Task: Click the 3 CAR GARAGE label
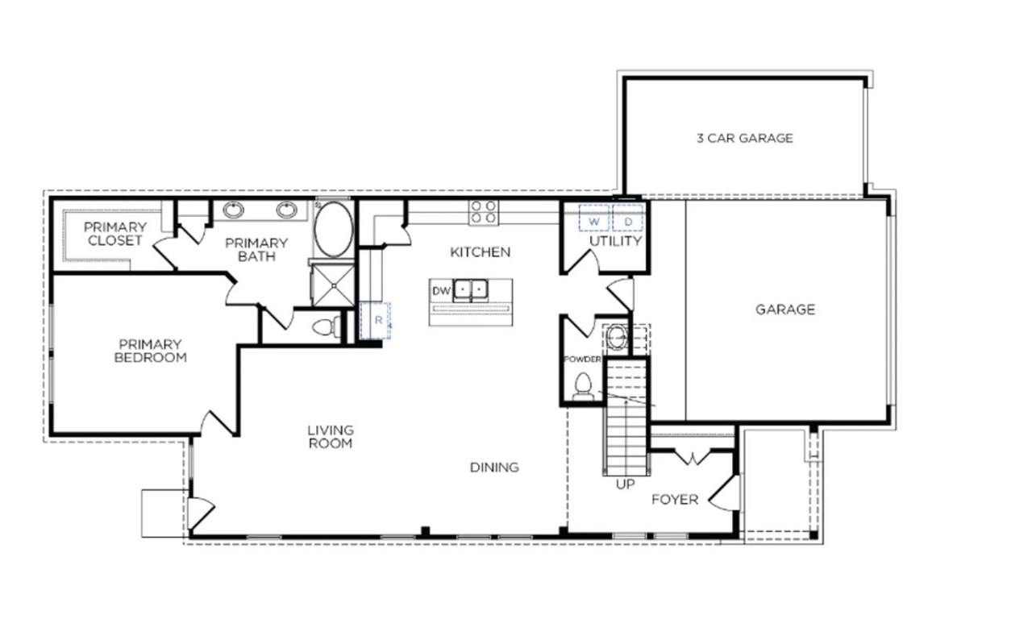[744, 138]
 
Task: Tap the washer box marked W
[594, 218]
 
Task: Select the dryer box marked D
[628, 218]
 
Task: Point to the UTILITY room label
[615, 241]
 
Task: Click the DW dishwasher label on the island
[440, 291]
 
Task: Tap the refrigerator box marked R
[375, 321]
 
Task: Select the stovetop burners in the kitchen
[483, 212]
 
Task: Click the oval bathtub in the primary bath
[334, 229]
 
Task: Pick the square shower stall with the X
[333, 285]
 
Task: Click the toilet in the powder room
[583, 387]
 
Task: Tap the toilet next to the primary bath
[326, 327]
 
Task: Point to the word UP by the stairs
[625, 484]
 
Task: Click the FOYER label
[675, 500]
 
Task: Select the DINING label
[494, 468]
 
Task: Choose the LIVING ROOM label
[331, 437]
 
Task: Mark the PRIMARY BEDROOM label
[151, 351]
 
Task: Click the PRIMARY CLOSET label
[115, 234]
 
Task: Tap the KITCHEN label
[480, 252]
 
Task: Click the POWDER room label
[583, 359]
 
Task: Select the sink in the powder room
[616, 338]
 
